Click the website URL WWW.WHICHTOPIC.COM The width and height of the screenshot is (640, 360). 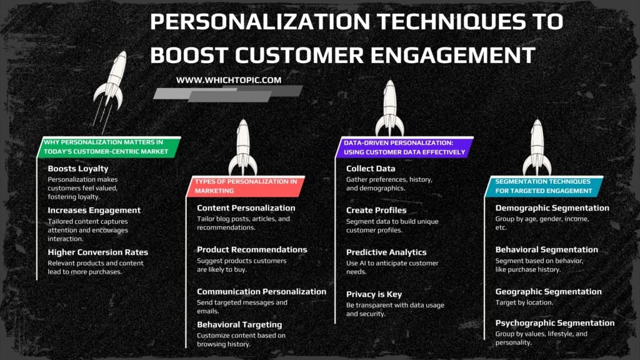pos(229,80)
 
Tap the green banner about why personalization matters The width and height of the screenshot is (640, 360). pos(109,147)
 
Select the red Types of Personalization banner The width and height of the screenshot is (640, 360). pos(246,186)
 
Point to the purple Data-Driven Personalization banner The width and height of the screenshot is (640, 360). pos(404,147)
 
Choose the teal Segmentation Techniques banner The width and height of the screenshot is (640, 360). pos(544,186)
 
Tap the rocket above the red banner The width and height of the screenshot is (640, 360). pos(243,147)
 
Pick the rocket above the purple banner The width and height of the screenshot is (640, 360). pos(390,108)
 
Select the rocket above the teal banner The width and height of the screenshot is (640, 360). pos(537,147)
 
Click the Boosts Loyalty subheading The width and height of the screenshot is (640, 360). pos(78,169)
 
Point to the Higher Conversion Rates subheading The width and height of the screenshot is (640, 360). pos(98,252)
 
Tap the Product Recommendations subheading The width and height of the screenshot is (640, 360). pos(252,249)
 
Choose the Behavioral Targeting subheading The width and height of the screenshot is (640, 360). pos(239,324)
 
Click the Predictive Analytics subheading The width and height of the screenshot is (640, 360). pos(386,252)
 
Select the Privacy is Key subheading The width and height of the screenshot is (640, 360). pos(374,294)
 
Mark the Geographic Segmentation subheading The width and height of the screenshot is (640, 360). pos(549,291)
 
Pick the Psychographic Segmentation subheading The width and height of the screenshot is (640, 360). pos(555,323)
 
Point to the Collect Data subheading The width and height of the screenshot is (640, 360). pos(371,169)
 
